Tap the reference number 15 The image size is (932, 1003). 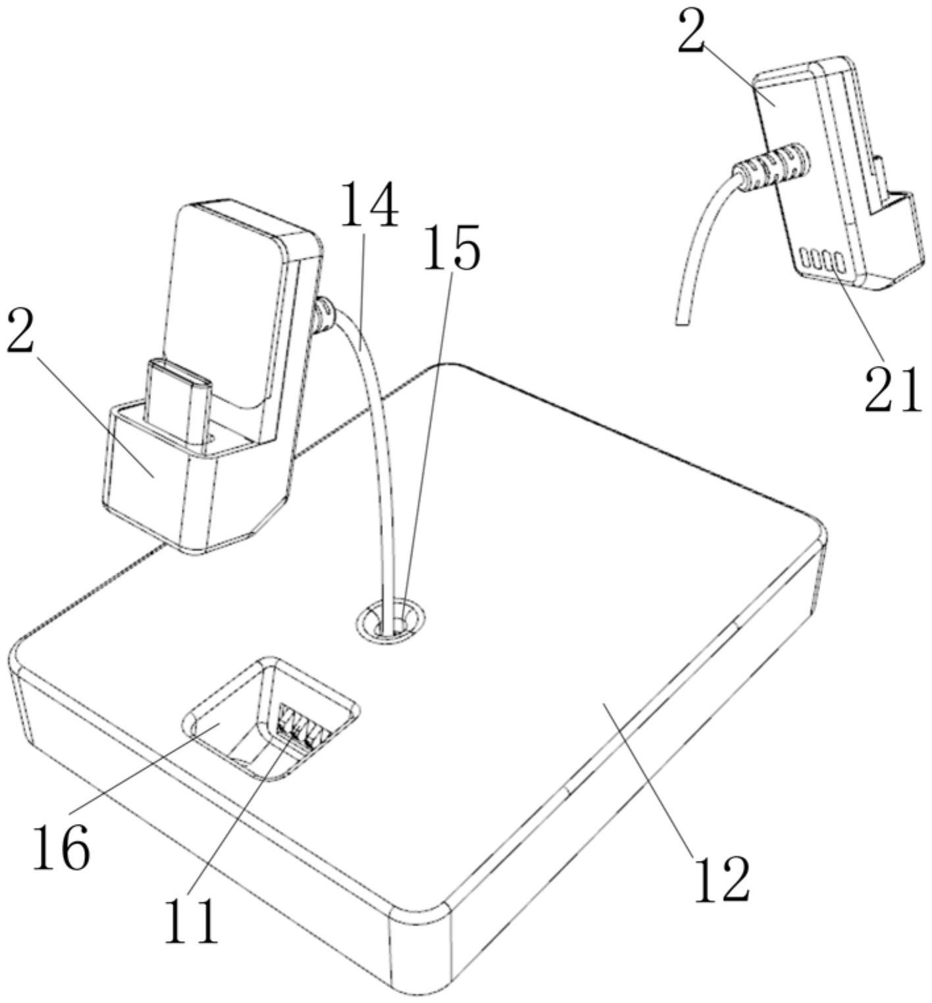[452, 246]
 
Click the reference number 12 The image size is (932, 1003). [721, 878]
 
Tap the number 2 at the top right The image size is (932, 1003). [691, 33]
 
